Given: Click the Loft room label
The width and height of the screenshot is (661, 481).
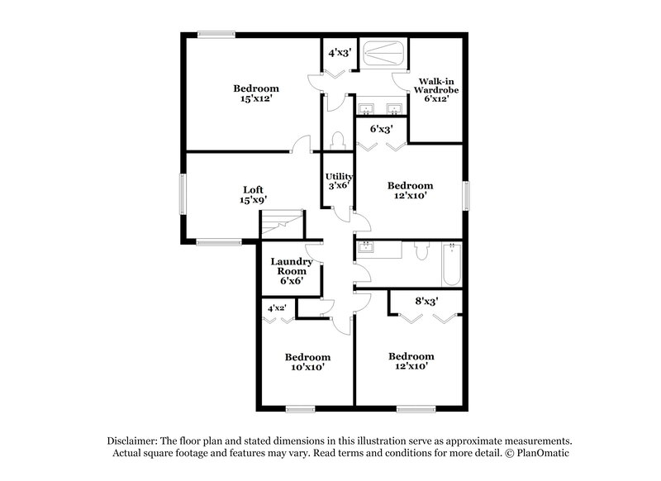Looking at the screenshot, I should point(253,194).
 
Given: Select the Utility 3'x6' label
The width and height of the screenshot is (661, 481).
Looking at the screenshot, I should point(339,181).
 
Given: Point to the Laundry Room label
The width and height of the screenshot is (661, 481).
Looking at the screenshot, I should point(292,271).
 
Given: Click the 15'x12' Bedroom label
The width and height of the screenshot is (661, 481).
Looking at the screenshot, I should point(255,93).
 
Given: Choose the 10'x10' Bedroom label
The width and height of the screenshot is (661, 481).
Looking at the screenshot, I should point(307,362).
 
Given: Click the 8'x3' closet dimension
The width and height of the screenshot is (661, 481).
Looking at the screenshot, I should point(426,302).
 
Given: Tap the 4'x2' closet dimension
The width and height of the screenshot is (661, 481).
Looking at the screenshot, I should point(275,309).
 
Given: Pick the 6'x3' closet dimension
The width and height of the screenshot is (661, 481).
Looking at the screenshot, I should point(380,130).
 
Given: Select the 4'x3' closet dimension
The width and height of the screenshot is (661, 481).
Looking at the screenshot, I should point(340,53).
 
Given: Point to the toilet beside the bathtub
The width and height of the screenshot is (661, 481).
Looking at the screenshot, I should point(421,250).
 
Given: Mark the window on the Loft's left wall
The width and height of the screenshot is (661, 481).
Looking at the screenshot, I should point(183,194).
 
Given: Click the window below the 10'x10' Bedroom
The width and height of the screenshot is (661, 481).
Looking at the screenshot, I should point(301,408).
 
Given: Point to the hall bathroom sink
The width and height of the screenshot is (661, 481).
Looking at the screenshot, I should point(367,247).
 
